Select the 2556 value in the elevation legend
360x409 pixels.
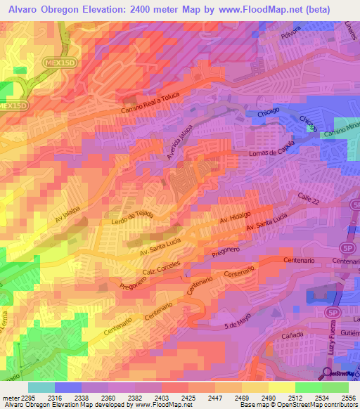pyautogui.click(x=349, y=398)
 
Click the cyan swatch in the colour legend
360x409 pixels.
pyautogui.click(x=41, y=387)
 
